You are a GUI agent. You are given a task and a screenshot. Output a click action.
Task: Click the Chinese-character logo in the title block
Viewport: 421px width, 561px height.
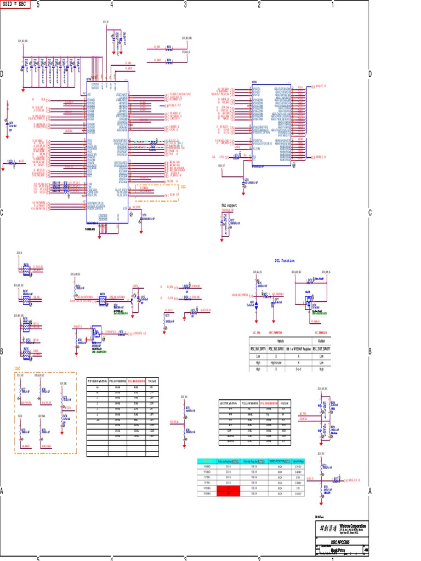327,528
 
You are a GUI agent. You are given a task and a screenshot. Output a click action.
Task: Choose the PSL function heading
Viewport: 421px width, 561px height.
284,261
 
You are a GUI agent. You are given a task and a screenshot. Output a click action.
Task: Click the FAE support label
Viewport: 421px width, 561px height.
227,205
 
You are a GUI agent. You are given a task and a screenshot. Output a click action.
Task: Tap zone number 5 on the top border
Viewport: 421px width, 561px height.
38,4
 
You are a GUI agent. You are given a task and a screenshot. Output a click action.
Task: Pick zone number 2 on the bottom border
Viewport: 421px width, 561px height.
259,558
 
